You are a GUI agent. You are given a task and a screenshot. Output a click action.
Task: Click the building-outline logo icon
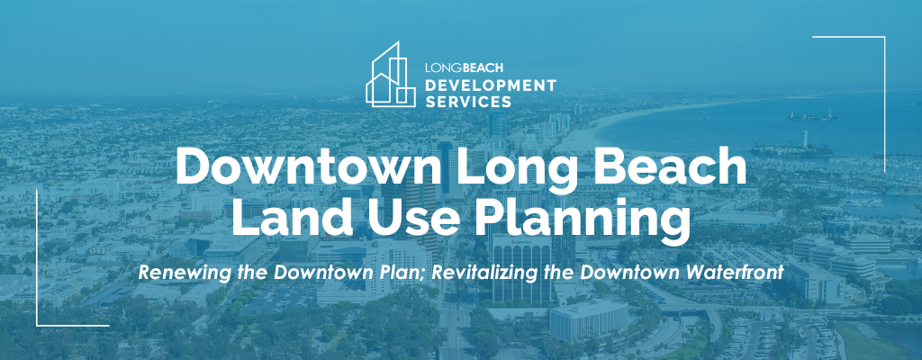click(391, 75)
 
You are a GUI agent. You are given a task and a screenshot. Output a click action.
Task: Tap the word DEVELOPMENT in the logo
click(490, 85)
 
